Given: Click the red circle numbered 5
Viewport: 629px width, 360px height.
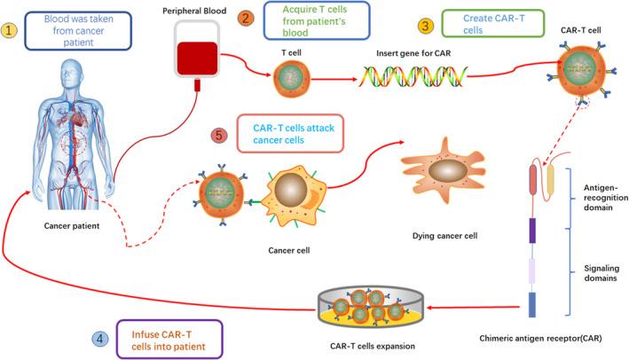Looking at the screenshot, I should pyautogui.click(x=219, y=137).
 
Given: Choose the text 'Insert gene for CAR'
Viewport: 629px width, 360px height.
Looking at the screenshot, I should pyautogui.click(x=412, y=54).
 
